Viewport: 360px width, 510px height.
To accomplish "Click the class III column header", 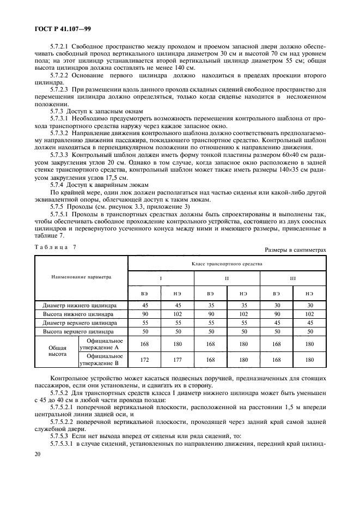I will [293, 277].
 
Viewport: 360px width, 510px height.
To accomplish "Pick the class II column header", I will [227, 277].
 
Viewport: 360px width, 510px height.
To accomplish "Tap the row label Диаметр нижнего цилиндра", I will [80, 306].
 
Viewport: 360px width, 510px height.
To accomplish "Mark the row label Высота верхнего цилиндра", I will [80, 331].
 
